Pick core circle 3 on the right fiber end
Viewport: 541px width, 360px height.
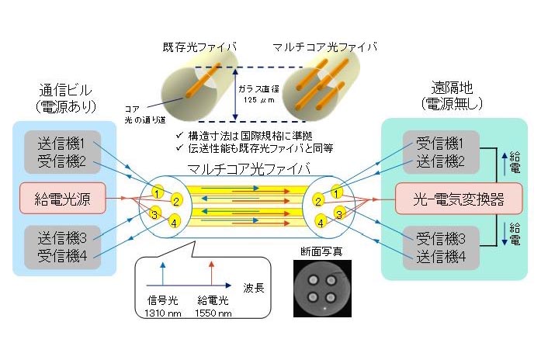point(338,213)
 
